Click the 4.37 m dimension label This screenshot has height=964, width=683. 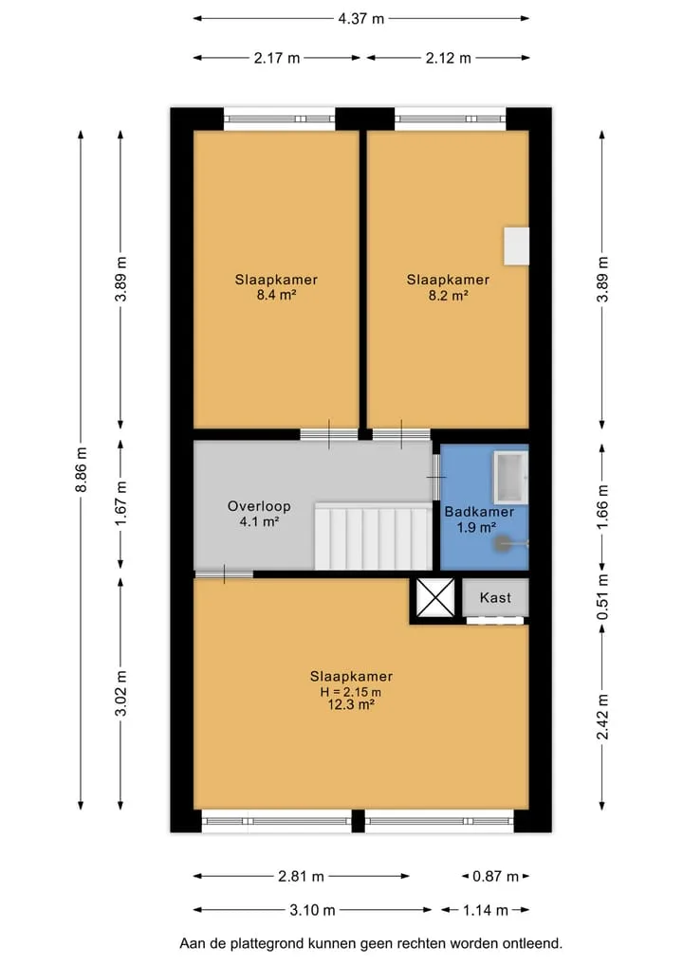click(360, 18)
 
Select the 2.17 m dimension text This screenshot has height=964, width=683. click(277, 58)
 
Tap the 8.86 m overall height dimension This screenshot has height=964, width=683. click(82, 470)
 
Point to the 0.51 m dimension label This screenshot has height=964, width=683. click(603, 597)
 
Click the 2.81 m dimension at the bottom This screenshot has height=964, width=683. click(301, 876)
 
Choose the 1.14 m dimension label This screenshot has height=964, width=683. click(485, 910)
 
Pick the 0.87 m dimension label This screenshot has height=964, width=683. click(495, 876)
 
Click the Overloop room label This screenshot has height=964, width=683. click(259, 506)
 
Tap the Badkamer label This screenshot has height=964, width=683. click(479, 512)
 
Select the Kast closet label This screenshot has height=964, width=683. click(495, 597)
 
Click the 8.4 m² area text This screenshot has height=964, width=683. click(276, 295)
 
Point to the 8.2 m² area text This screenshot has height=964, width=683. click(448, 295)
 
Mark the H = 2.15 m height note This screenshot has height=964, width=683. click(351, 692)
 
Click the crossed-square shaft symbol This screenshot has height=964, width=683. click(435, 596)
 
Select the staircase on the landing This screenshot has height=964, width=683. click(373, 536)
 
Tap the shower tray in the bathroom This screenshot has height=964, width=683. click(511, 477)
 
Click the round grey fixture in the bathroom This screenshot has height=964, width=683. click(506, 543)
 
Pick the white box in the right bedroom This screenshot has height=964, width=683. click(517, 246)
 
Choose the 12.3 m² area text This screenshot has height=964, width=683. click(351, 705)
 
